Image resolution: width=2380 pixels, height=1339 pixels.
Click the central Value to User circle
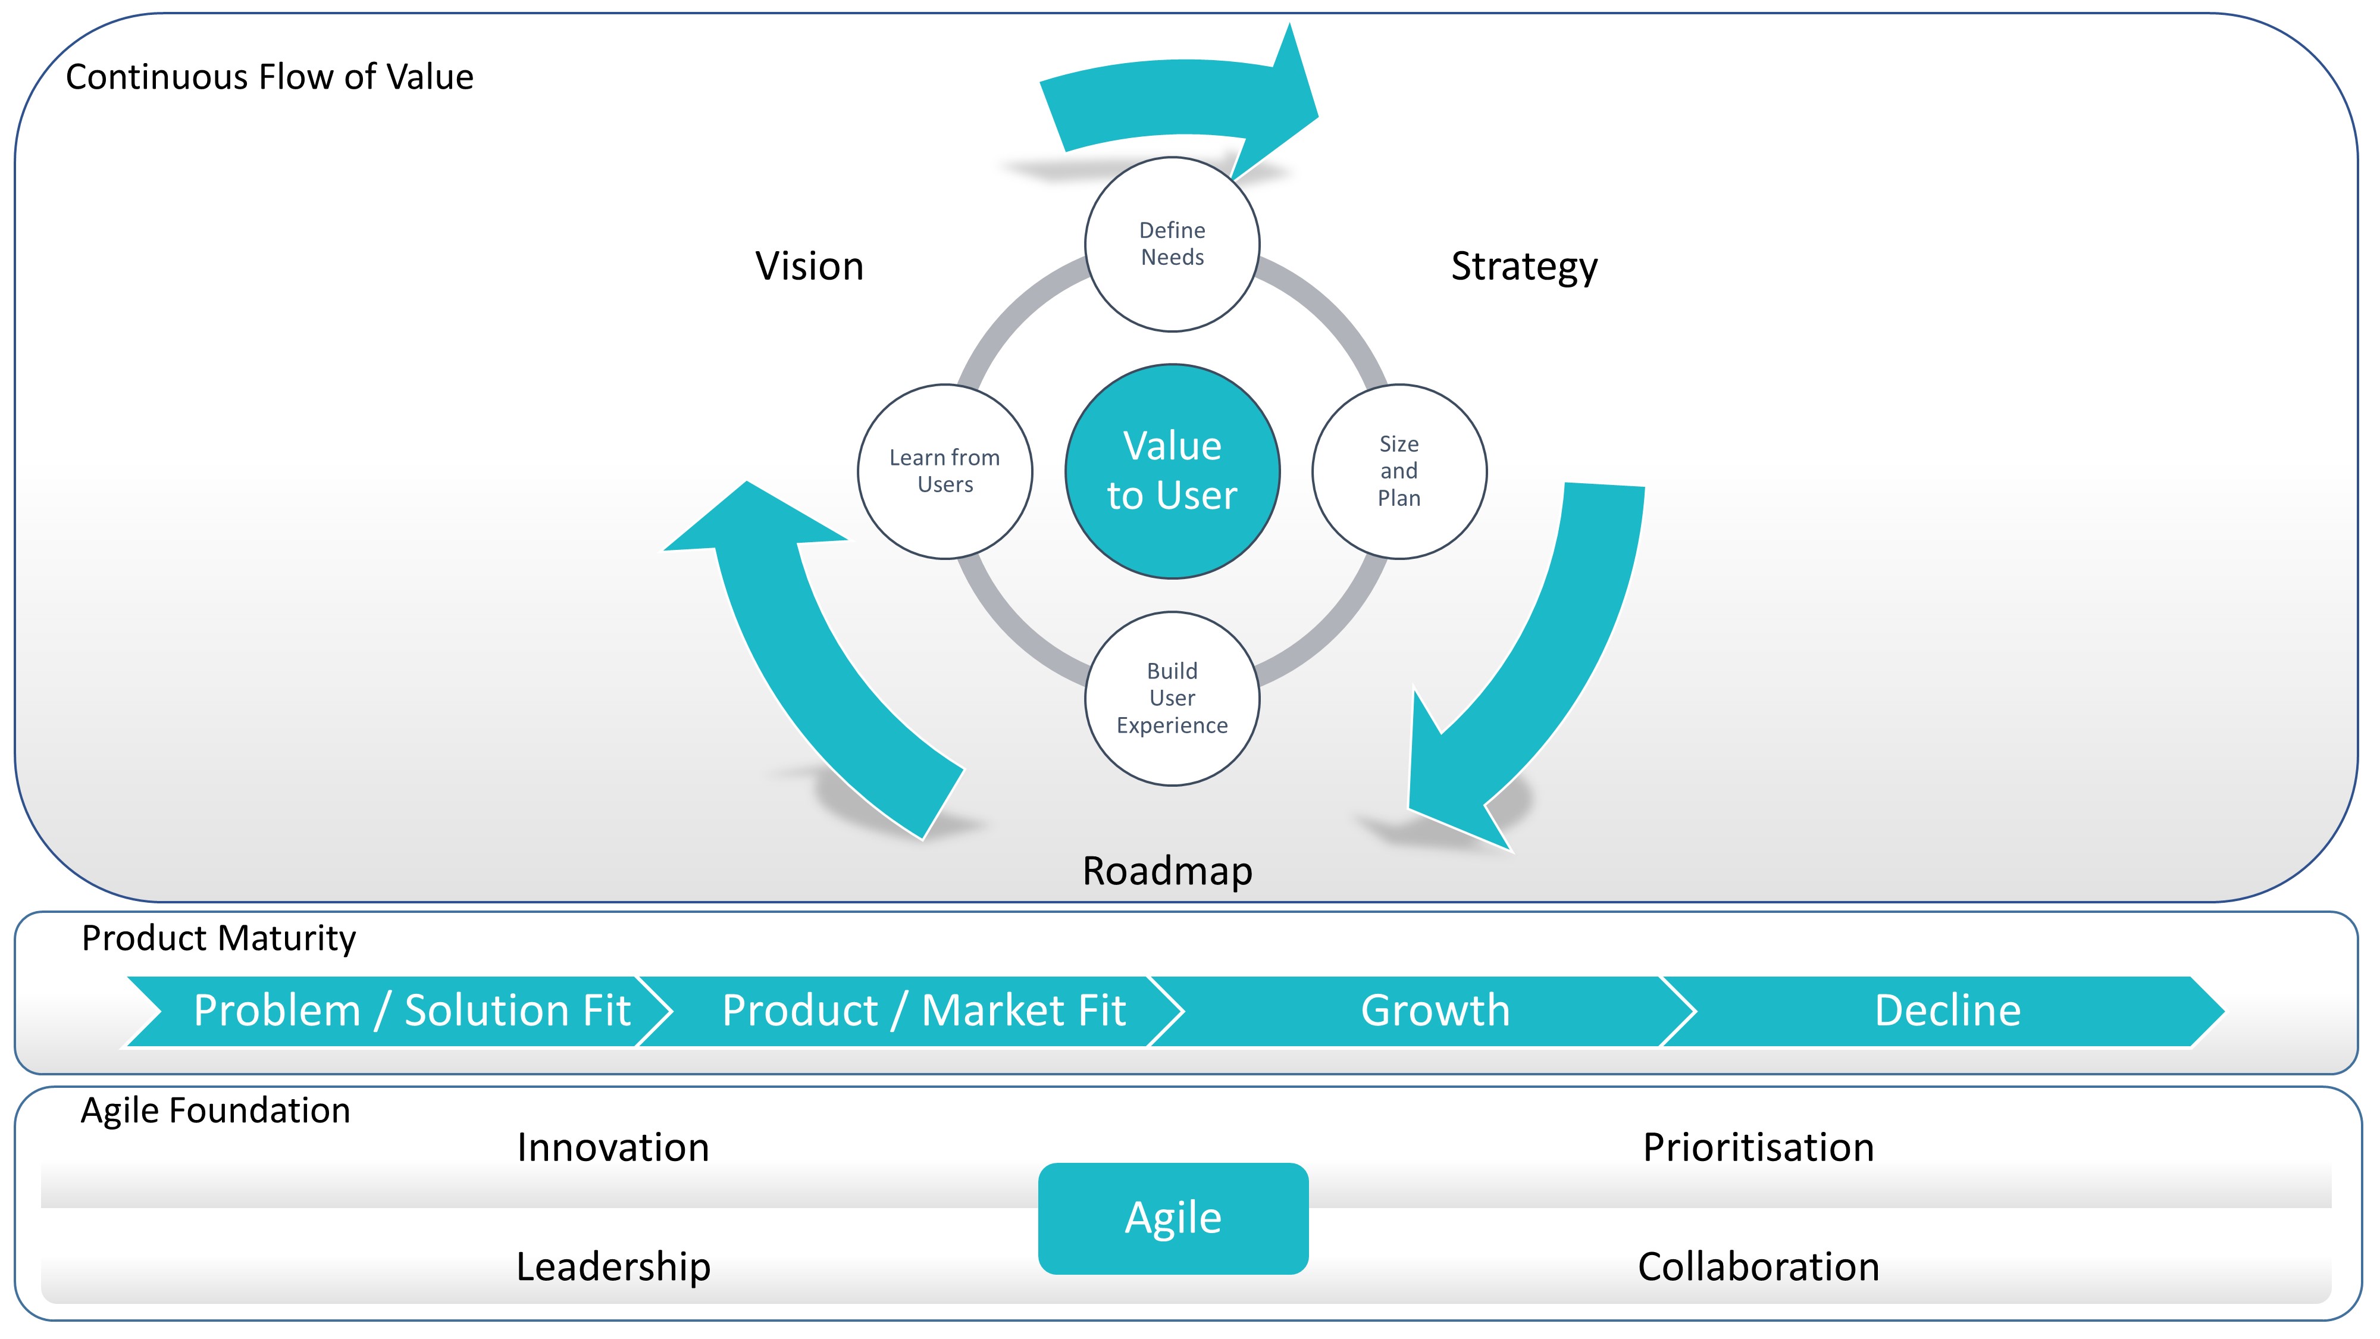pyautogui.click(x=1172, y=471)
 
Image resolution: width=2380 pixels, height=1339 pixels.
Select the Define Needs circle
pyautogui.click(x=1172, y=244)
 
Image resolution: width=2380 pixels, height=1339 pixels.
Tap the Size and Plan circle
pyautogui.click(x=1399, y=471)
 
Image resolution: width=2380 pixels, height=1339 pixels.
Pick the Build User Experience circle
pyautogui.click(x=1172, y=699)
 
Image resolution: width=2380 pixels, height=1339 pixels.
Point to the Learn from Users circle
pyautogui.click(x=945, y=471)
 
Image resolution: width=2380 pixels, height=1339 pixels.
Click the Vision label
pyautogui.click(x=809, y=266)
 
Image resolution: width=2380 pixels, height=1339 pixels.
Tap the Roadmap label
pyautogui.click(x=1168, y=871)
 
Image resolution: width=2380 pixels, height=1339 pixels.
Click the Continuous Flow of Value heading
pyautogui.click(x=270, y=77)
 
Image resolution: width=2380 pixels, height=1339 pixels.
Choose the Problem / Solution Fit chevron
pyautogui.click(x=397, y=1011)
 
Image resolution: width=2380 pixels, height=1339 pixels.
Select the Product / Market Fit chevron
pyautogui.click(x=910, y=1011)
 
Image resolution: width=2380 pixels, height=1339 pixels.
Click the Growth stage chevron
pyautogui.click(x=1423, y=1011)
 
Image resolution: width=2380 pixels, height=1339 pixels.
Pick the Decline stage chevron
pyautogui.click(x=1940, y=1011)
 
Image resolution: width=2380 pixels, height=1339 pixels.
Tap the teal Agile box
pyautogui.click(x=1173, y=1218)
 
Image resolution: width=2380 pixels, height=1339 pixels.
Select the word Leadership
pyautogui.click(x=613, y=1267)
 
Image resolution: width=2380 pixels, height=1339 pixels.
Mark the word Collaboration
pyautogui.click(x=1758, y=1267)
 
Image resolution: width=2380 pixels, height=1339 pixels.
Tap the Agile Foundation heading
pyautogui.click(x=216, y=1110)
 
